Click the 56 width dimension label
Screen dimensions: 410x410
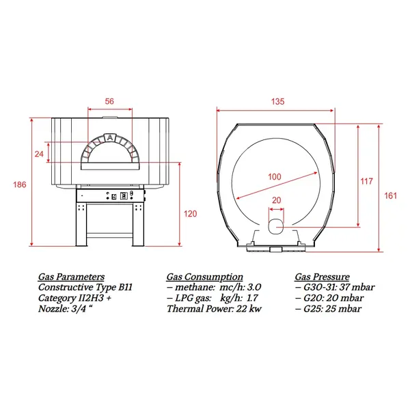tap(109, 101)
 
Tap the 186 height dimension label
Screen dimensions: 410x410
tap(20, 185)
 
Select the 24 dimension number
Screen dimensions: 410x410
tap(39, 154)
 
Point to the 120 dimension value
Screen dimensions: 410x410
tap(190, 214)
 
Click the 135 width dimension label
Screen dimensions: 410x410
tap(277, 101)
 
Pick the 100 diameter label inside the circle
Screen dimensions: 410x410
tap(275, 177)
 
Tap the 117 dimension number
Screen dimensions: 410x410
tap(366, 181)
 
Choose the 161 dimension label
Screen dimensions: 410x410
tap(390, 195)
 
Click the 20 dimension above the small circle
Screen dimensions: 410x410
tap(276, 200)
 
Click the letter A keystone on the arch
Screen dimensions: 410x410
tap(110, 137)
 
